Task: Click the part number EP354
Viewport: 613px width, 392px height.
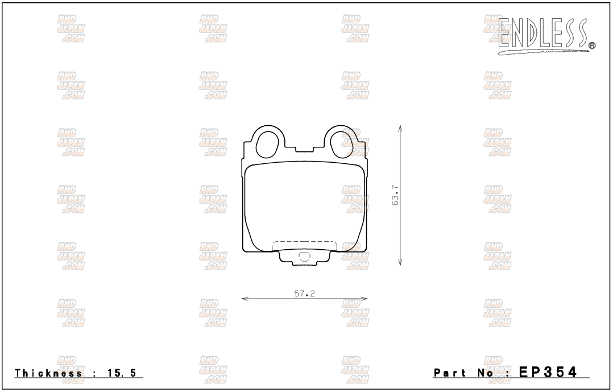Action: point(547,372)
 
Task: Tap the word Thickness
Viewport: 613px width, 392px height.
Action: point(48,373)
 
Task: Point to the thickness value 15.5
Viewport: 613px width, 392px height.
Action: point(122,373)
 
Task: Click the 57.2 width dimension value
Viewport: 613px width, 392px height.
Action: point(305,293)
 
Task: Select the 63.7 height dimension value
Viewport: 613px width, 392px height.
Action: point(395,196)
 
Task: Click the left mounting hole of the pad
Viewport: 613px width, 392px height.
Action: point(267,143)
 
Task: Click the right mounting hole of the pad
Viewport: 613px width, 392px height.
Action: point(343,143)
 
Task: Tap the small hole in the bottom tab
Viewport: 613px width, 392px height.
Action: point(304,257)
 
